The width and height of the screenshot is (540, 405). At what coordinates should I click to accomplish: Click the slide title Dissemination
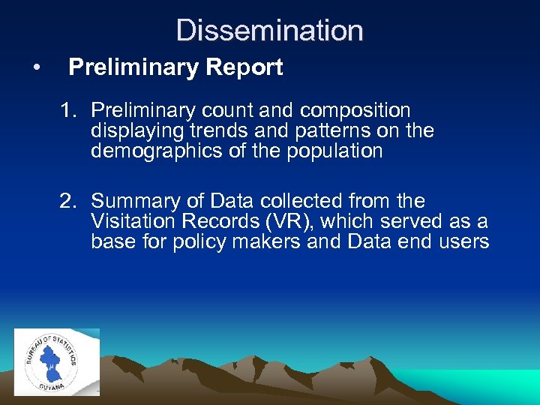(270, 31)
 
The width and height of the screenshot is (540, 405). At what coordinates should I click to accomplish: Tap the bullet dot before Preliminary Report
(37, 68)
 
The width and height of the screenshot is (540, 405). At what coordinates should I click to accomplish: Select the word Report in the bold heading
(247, 67)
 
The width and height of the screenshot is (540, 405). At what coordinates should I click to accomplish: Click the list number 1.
(69, 111)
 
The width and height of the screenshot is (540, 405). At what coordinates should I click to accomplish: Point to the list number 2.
(69, 201)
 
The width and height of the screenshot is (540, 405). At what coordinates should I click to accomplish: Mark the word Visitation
(127, 221)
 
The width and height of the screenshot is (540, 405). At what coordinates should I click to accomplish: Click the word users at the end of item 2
(464, 241)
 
